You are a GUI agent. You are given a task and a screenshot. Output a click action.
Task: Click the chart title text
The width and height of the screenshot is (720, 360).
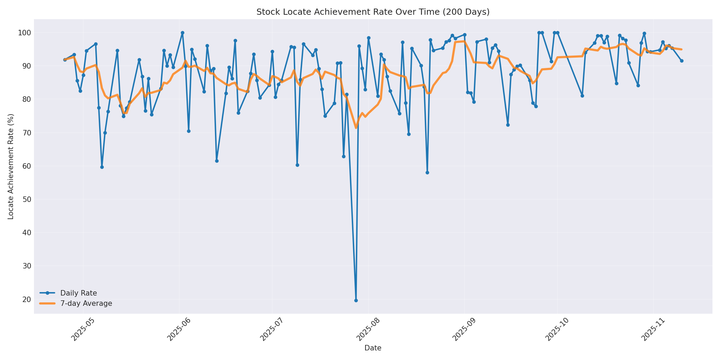tap(373, 12)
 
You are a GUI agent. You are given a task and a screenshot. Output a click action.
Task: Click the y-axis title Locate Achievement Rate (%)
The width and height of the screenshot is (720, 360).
tap(11, 167)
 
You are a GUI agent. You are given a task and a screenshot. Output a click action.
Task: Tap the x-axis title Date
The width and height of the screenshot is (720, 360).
tap(373, 348)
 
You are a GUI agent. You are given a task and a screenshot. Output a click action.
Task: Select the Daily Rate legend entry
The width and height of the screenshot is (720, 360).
tap(79, 293)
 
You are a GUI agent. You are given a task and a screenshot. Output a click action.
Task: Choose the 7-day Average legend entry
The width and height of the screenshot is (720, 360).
tap(86, 303)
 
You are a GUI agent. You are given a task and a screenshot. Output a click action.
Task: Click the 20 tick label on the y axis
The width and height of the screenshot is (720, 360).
tap(26, 299)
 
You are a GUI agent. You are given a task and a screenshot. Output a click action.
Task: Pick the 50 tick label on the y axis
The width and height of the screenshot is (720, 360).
tap(26, 199)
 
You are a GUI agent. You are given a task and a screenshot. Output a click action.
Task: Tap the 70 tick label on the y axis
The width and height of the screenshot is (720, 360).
tap(26, 133)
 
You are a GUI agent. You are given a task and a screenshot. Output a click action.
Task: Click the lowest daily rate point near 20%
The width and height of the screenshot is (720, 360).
tap(356, 300)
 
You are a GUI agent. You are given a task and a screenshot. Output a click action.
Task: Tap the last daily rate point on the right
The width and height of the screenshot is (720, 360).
tap(682, 61)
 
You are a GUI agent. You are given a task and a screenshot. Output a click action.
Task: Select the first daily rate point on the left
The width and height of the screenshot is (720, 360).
tap(65, 60)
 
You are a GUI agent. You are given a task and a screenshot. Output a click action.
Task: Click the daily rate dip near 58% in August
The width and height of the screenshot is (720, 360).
tap(427, 172)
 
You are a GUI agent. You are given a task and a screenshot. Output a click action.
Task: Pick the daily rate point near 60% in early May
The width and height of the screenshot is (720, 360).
tap(102, 167)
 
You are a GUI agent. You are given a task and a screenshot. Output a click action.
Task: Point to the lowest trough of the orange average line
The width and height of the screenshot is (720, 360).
tap(356, 128)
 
